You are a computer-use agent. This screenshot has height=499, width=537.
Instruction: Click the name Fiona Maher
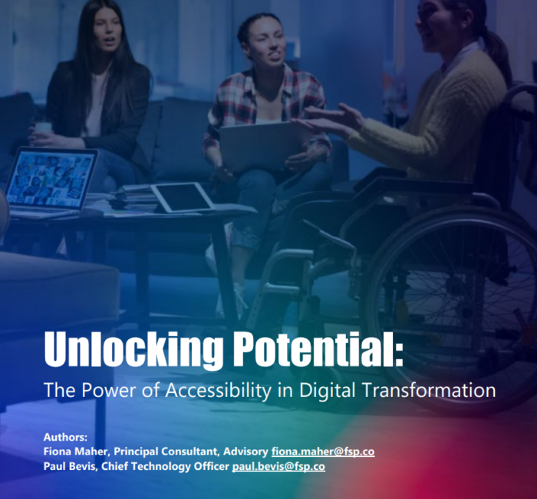click(77, 451)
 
